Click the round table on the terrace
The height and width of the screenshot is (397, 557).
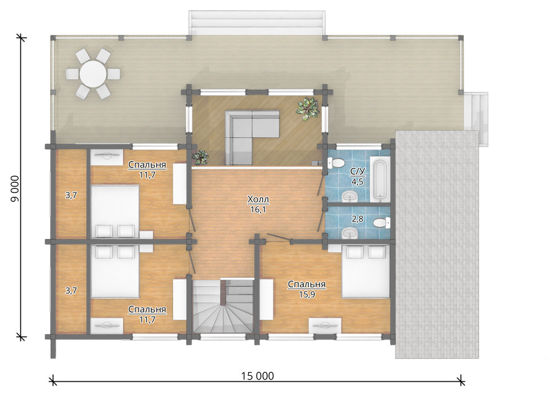pyautogui.click(x=93, y=74)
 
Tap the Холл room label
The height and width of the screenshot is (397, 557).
pyautogui.click(x=258, y=200)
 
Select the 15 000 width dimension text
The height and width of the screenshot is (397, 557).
pyautogui.click(x=258, y=376)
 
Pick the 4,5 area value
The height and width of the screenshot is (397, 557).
pyautogui.click(x=357, y=182)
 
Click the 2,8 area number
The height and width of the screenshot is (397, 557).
pyautogui.click(x=357, y=219)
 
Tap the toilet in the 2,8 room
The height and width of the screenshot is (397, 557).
pyautogui.click(x=382, y=223)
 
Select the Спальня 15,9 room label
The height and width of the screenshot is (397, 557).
pyautogui.click(x=307, y=289)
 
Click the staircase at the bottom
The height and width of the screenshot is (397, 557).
pyautogui.click(x=223, y=305)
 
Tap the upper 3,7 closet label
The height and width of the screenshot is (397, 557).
pyautogui.click(x=71, y=195)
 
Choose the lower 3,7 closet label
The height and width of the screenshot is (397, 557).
pyautogui.click(x=71, y=291)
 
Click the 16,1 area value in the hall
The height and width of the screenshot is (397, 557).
pyautogui.click(x=258, y=210)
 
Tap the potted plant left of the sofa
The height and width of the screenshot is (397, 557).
pyautogui.click(x=200, y=156)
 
